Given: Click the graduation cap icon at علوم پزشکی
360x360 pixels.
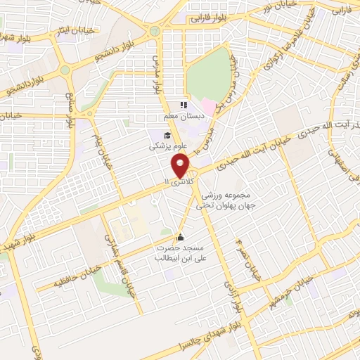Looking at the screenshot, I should [167, 136].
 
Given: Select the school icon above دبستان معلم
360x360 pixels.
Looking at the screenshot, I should [184, 105].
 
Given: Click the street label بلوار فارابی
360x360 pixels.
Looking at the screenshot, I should [210, 20].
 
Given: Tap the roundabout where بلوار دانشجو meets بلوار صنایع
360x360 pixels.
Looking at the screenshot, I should [65, 70].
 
